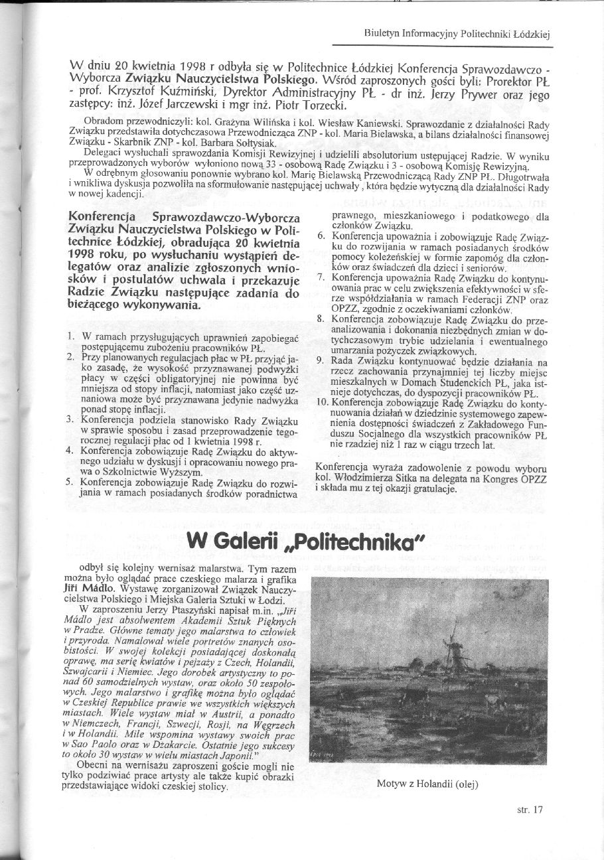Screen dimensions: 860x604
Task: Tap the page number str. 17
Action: coord(530,809)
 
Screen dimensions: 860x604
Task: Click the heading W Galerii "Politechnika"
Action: coord(305,541)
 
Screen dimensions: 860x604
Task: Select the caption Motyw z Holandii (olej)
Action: coord(427,784)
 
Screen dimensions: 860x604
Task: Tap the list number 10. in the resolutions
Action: coord(321,401)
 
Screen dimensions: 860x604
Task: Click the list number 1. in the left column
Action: coord(71,338)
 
